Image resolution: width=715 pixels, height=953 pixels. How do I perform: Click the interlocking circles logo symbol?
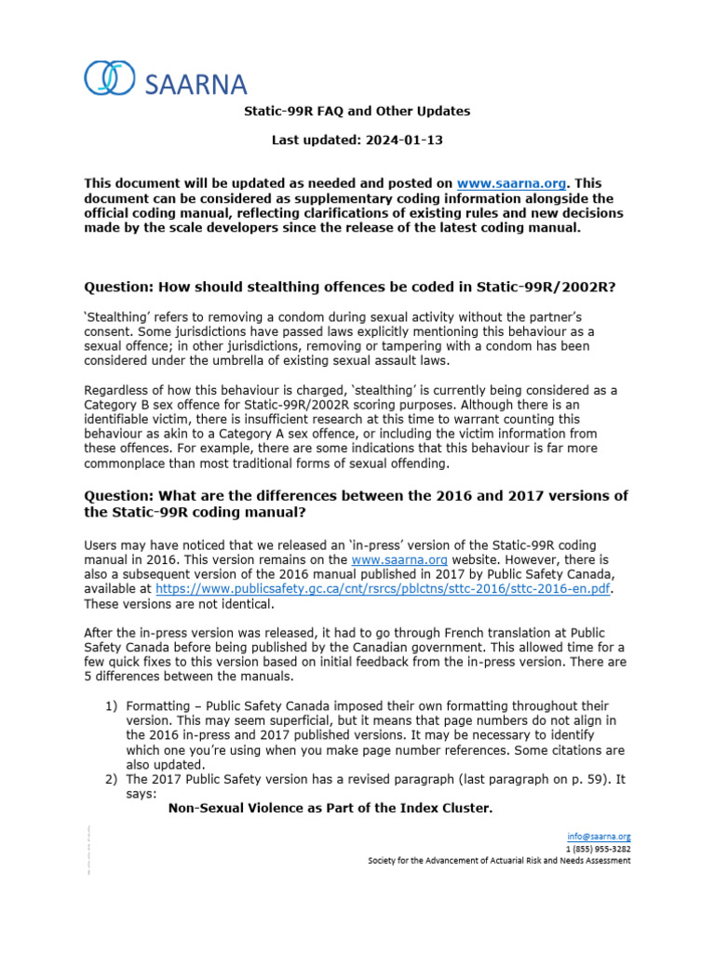click(110, 78)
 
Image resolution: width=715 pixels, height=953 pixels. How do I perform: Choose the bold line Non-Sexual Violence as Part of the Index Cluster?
click(330, 809)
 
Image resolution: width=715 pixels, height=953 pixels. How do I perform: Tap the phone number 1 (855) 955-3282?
click(598, 848)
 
